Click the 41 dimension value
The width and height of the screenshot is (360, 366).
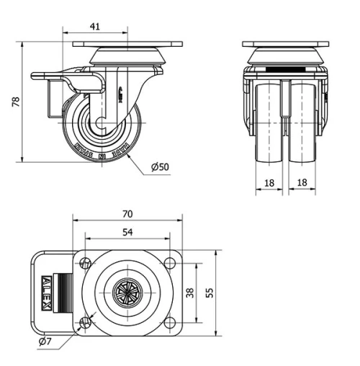(94, 27)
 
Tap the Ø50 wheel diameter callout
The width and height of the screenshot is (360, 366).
(160, 167)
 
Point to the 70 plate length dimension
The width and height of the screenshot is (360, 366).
(127, 214)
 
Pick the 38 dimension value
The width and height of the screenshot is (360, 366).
(189, 293)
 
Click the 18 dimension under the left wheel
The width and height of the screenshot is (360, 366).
(269, 183)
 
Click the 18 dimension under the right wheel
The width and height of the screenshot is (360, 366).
(302, 183)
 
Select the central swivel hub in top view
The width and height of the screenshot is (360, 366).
(127, 293)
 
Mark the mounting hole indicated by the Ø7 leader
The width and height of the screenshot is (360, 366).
(86, 322)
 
